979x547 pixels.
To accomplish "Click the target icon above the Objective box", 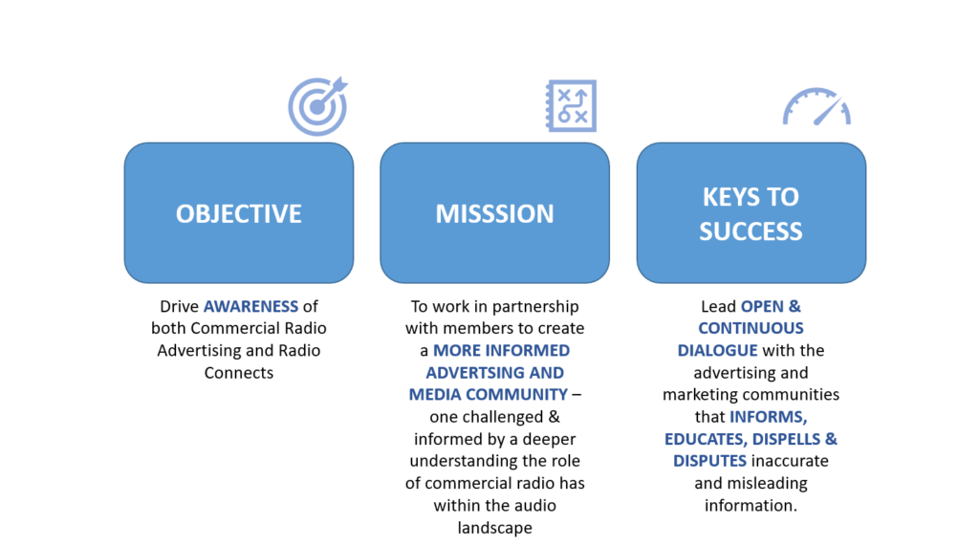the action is (x=317, y=106).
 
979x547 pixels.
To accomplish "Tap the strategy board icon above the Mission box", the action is (x=572, y=105).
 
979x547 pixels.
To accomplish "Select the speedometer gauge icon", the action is (x=816, y=107).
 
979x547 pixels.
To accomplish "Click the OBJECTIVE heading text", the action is (x=238, y=214).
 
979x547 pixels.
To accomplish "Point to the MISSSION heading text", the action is (x=494, y=214).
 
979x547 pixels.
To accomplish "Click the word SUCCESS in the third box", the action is (x=751, y=231).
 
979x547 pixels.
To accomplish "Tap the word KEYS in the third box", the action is (x=728, y=197).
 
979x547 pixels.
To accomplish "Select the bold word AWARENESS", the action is (x=251, y=307).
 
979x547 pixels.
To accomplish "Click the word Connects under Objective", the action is (x=238, y=373).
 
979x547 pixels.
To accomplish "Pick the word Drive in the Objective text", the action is (x=179, y=307).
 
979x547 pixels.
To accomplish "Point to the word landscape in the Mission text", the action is (x=494, y=528).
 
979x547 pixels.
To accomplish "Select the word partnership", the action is (x=538, y=307).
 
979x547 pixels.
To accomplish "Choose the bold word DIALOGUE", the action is (x=717, y=350).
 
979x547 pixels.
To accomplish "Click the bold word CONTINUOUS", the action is (x=751, y=328).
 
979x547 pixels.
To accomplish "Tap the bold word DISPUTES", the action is (x=709, y=461).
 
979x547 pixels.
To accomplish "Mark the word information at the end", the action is (x=751, y=505).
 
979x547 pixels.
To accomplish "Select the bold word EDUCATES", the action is (x=706, y=439).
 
